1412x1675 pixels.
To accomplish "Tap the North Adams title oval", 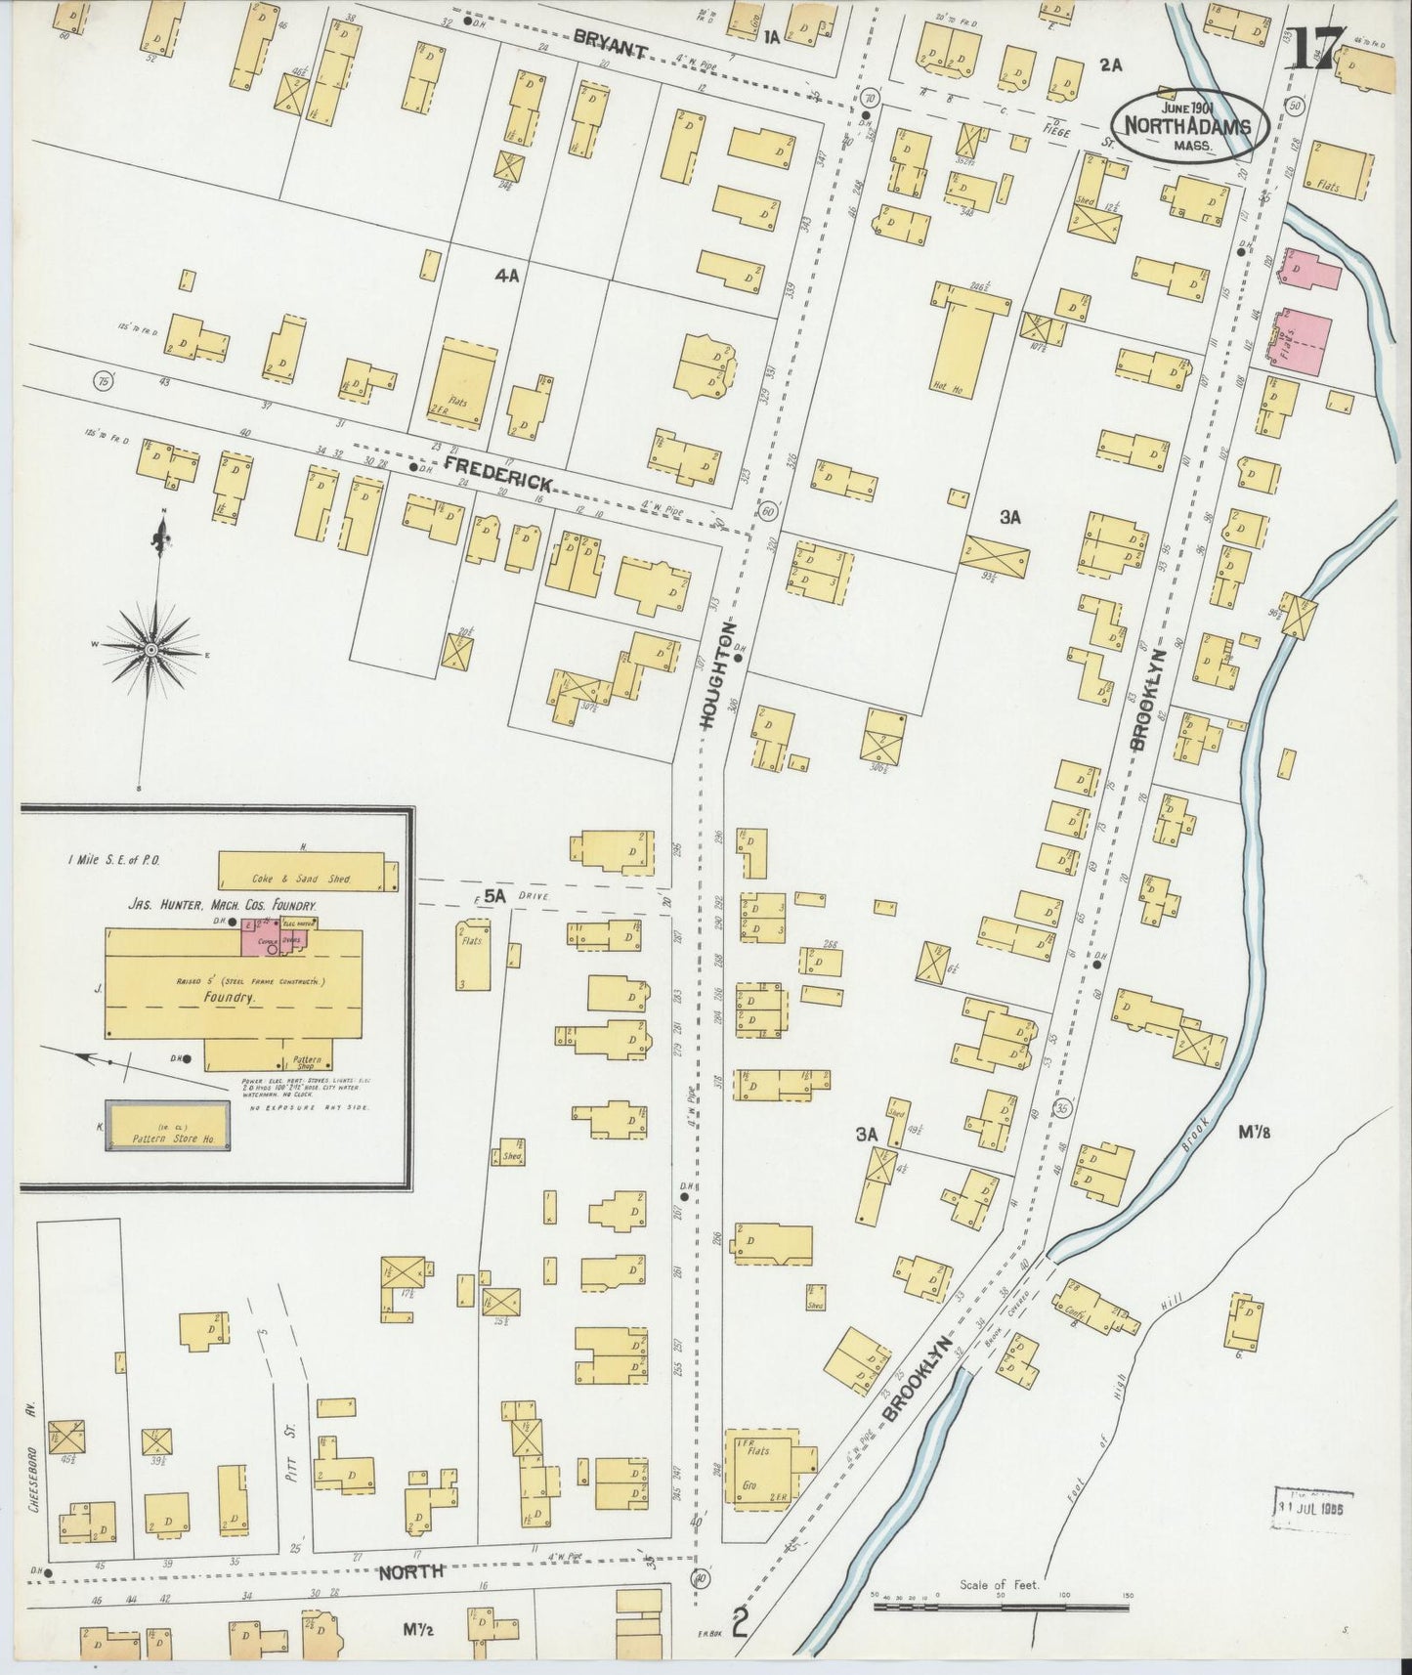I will (x=1189, y=125).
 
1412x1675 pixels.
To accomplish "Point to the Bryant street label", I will (x=610, y=43).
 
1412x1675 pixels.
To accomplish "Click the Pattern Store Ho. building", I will (x=167, y=1126).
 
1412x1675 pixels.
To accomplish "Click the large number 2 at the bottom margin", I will (x=741, y=1623).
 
